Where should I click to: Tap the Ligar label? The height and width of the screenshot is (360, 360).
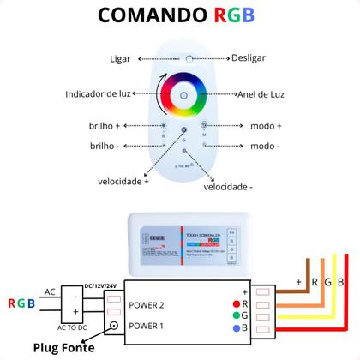pos(121,59)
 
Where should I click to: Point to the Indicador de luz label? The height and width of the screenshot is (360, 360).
pos(100,93)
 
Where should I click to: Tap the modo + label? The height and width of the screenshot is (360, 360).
pos(267,125)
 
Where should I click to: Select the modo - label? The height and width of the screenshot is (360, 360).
pos(267,147)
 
